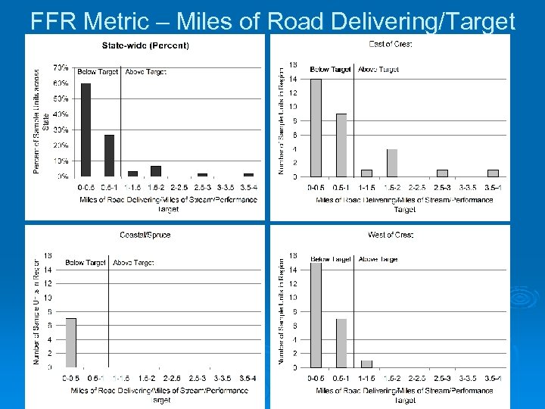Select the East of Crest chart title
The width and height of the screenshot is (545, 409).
click(391, 44)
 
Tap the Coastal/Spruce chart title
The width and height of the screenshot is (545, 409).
click(145, 235)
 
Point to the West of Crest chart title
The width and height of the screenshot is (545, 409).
click(391, 235)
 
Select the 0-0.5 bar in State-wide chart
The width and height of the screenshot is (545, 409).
click(86, 130)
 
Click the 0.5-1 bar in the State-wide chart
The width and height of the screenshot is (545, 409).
click(110, 155)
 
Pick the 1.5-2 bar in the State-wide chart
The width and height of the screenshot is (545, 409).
click(156, 171)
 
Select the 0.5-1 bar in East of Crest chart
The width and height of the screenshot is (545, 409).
click(341, 145)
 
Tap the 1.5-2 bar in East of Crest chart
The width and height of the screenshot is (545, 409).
click(392, 162)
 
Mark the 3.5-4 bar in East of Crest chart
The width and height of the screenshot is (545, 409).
click(493, 173)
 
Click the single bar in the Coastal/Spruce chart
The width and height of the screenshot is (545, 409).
click(71, 342)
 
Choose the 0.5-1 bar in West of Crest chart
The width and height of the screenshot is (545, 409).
click(341, 342)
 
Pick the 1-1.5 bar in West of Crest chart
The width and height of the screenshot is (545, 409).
click(366, 364)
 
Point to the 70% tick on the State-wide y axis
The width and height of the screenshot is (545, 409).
click(61, 68)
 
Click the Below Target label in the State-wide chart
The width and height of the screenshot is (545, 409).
click(98, 72)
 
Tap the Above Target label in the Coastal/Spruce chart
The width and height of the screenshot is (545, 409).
click(134, 263)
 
